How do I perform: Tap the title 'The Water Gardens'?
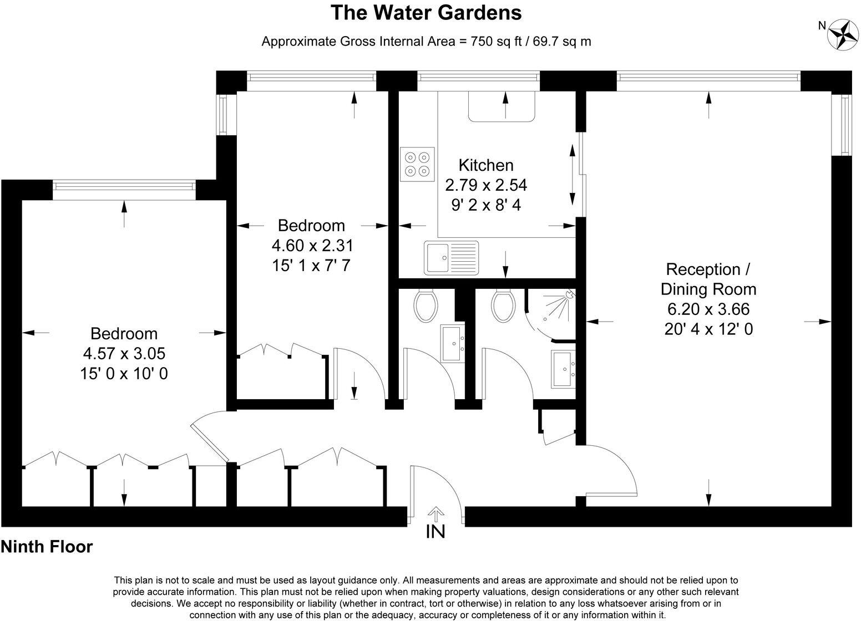coord(426,13)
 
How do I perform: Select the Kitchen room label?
coord(486,165)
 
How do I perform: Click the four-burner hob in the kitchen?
coord(417,164)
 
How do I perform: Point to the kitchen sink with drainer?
coord(452,257)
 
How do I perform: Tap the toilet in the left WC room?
coord(426,307)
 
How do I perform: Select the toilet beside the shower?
coord(504,307)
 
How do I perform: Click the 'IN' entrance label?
coord(435,532)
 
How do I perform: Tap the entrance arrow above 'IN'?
coord(436,514)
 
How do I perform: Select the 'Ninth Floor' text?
coord(47,547)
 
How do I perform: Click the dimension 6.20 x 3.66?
coord(708,309)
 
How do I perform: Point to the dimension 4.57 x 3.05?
coord(124,353)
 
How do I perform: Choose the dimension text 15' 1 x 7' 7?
coord(311,265)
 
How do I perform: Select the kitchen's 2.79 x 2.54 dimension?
coord(486,185)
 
